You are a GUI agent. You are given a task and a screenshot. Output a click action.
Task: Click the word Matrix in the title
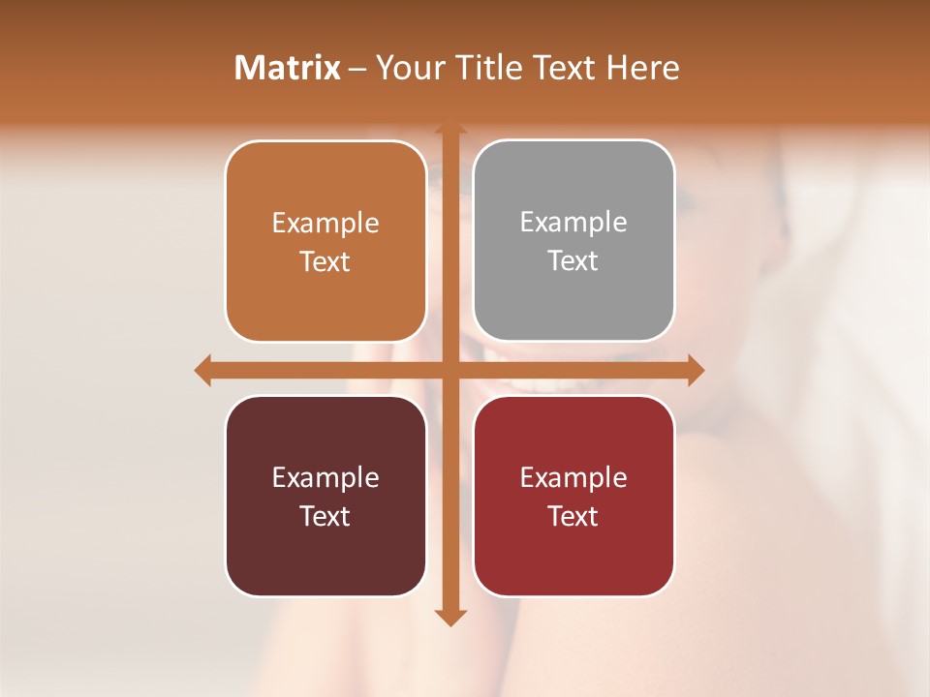(x=288, y=68)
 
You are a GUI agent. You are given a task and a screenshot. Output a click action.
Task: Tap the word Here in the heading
(x=642, y=68)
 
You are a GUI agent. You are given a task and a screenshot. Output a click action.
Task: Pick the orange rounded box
(x=325, y=241)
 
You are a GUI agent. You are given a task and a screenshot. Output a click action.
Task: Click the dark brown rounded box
(x=325, y=496)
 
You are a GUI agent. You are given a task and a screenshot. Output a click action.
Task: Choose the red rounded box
(x=573, y=496)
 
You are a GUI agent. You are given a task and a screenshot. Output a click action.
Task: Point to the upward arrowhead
(x=449, y=129)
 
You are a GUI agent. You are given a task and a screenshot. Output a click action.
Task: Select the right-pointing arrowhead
(x=695, y=370)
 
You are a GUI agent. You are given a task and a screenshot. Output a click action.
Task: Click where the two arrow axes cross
(x=449, y=370)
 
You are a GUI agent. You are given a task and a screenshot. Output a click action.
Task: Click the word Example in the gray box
(x=573, y=222)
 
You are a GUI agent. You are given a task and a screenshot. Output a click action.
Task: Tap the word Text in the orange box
(x=325, y=261)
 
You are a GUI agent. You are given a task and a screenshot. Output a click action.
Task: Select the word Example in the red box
(x=573, y=477)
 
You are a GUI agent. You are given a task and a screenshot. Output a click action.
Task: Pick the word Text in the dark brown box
(x=325, y=516)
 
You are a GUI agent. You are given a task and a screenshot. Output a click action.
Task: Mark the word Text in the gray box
(x=573, y=260)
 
